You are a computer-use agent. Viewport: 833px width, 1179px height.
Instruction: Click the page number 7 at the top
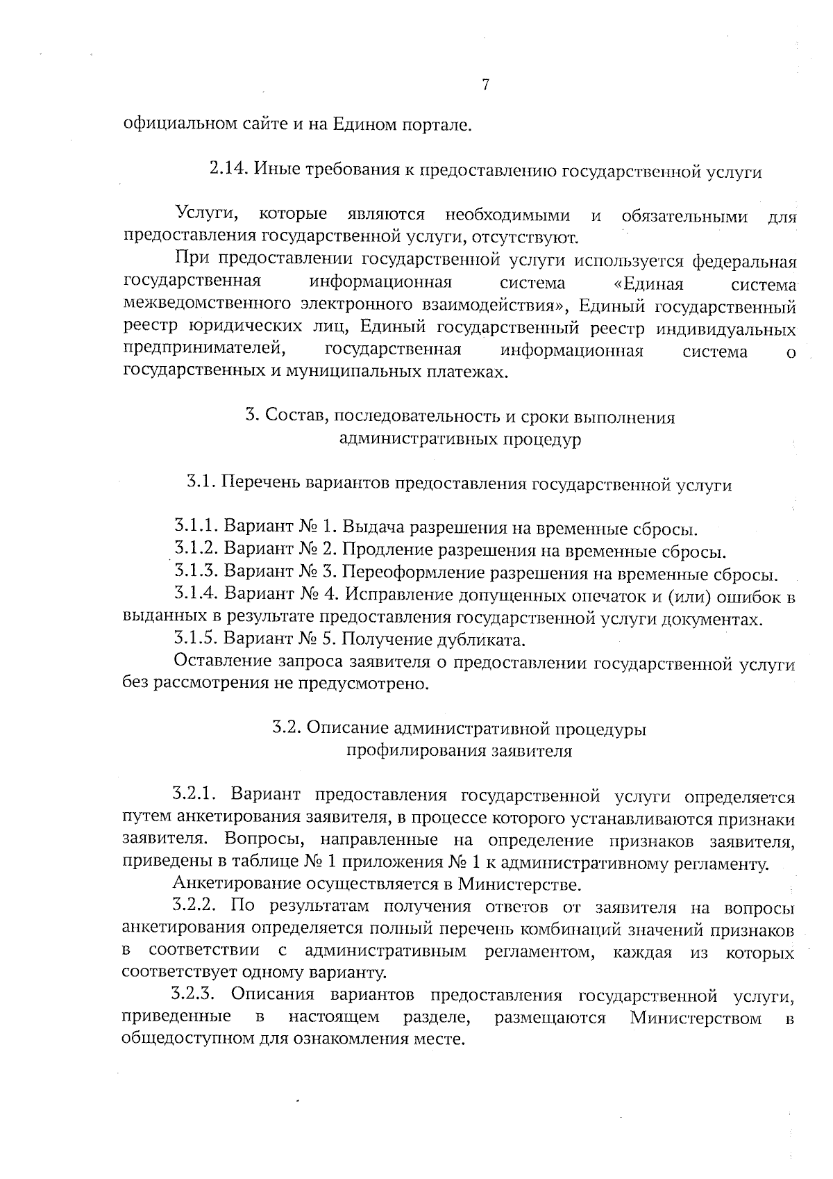tap(485, 85)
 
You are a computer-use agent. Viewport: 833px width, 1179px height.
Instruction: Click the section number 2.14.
tap(228, 170)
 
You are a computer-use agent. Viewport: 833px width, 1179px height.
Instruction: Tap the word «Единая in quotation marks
tap(649, 283)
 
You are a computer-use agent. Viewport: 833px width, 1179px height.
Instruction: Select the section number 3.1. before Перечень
tap(201, 483)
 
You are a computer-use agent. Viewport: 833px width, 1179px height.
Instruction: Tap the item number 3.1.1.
tap(197, 527)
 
